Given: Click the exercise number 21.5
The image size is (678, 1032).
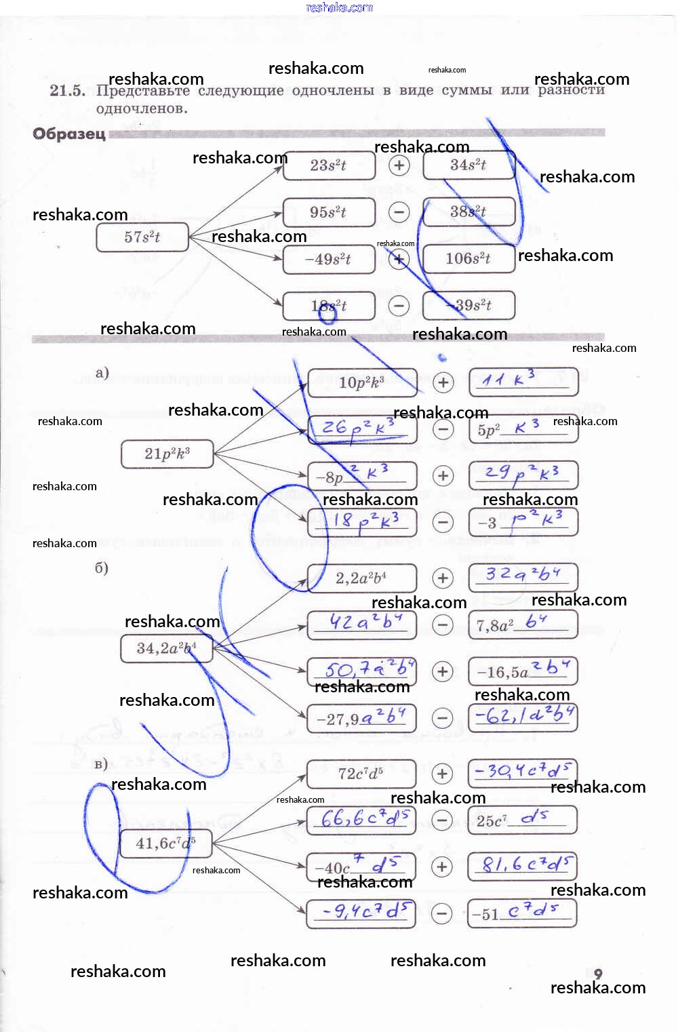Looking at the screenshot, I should point(67,90).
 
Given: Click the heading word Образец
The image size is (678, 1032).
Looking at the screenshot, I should point(69,134).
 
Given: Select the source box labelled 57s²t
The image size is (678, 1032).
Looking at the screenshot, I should point(142,237).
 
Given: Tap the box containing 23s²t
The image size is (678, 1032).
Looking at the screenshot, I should point(329,165).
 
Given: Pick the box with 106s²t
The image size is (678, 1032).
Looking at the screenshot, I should point(468,258).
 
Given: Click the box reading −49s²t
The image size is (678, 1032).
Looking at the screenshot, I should point(329,259).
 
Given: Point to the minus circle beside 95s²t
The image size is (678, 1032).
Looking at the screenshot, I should point(399,212).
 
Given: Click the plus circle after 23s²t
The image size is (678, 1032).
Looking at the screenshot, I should point(399,165).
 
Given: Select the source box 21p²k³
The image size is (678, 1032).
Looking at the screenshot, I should point(167,454).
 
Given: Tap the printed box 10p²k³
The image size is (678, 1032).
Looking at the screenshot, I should point(362,382).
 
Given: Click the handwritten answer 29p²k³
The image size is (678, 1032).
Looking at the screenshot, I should point(523,475).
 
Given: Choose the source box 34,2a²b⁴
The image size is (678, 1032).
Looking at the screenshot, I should point(167,648).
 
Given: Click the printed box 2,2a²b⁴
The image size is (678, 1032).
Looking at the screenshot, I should point(361,578).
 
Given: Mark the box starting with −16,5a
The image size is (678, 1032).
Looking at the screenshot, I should point(523,671).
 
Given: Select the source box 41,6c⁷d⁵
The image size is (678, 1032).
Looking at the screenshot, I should point(165,844).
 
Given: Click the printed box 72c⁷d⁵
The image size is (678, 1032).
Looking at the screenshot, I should point(361,774).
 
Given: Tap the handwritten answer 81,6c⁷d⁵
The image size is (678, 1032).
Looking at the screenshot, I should point(523,866).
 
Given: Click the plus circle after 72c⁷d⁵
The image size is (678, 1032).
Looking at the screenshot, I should point(442,774).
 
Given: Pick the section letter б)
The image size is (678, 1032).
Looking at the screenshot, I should point(102,568).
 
